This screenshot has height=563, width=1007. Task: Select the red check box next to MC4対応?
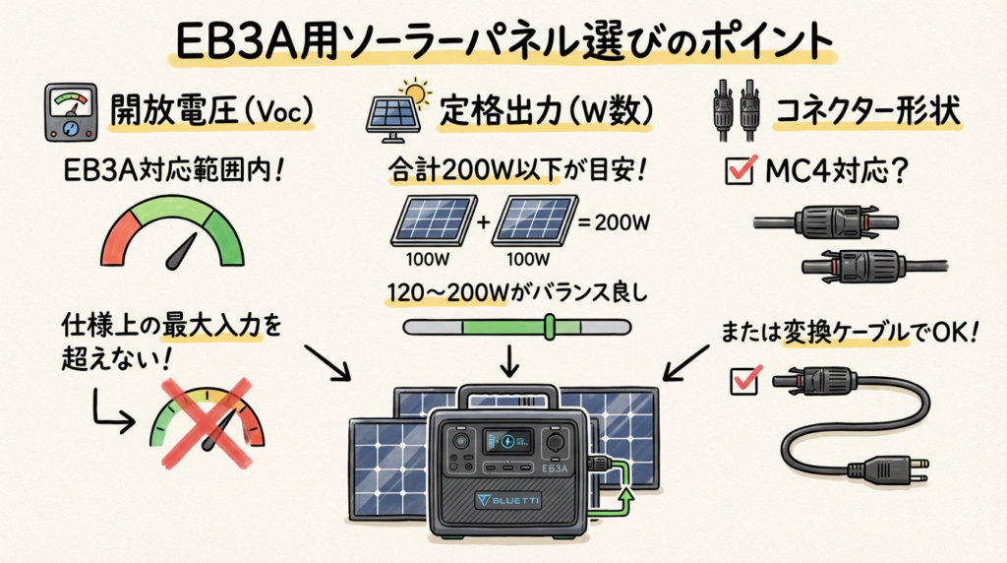pos(738,171)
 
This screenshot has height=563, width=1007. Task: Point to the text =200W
pos(615,222)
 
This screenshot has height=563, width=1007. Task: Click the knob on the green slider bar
pos(550,326)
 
